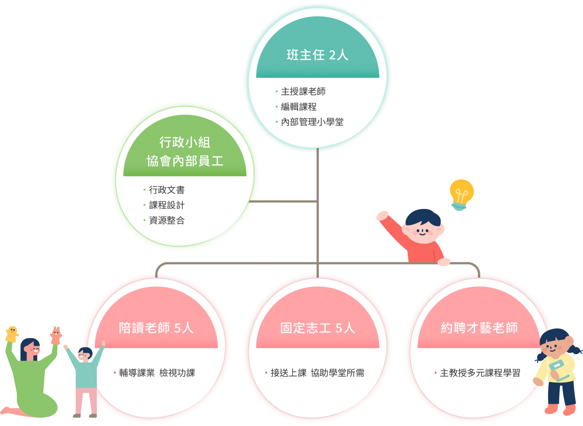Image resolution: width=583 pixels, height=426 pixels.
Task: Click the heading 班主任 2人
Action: point(317,55)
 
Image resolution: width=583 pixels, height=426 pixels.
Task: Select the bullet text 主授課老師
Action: point(303,91)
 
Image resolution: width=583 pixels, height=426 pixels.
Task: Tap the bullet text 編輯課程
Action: point(298,107)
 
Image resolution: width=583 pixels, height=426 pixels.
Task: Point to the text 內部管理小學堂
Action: point(312,122)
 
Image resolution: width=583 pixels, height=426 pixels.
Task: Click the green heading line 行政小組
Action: point(185,142)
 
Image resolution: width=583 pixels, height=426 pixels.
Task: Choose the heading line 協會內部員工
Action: point(185,161)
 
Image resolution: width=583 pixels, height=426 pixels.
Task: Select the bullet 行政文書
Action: point(167,190)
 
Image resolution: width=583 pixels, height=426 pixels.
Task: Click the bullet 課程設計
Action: point(167,205)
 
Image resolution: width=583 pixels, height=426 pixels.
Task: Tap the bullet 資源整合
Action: point(167,220)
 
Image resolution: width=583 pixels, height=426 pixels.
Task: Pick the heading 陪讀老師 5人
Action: point(156,328)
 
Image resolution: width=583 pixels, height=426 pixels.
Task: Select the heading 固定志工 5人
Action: point(317,328)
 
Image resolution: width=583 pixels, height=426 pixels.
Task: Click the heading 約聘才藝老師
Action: point(479,328)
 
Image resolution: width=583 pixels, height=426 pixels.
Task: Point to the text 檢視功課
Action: point(177,373)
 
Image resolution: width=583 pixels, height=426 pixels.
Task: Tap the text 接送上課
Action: point(288,373)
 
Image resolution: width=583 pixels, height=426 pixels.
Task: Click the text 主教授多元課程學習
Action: point(480,373)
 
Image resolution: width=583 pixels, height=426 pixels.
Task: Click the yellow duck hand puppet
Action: point(12,334)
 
